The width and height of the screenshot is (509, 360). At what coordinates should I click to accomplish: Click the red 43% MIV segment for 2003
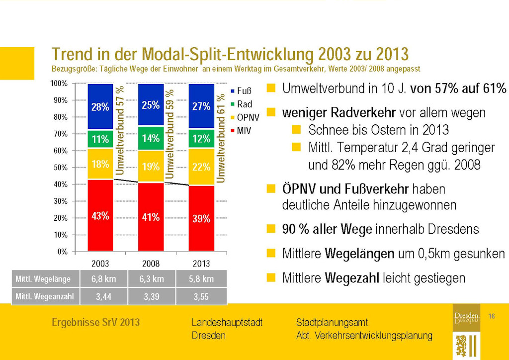(100, 215)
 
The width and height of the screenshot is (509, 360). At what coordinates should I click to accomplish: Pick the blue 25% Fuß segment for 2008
(151, 105)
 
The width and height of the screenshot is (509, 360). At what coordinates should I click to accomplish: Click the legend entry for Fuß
(241, 91)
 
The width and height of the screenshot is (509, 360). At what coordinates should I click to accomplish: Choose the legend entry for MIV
(241, 130)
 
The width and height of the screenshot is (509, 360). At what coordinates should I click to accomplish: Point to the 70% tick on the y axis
(61, 134)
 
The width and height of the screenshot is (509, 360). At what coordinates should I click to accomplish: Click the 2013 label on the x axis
(201, 263)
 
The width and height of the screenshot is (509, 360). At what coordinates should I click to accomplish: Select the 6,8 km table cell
(103, 279)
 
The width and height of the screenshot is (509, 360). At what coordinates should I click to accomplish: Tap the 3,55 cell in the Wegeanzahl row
(201, 297)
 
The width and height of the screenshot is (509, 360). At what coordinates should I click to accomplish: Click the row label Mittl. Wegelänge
(42, 279)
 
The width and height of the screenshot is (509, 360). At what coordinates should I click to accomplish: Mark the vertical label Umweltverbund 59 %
(170, 134)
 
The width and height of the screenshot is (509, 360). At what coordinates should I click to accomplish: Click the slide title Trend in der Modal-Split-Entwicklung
(230, 54)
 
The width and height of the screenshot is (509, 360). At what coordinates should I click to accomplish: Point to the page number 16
(491, 316)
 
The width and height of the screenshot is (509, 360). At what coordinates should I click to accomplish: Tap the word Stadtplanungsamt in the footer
(332, 323)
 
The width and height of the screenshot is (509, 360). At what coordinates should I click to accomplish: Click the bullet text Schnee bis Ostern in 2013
(378, 130)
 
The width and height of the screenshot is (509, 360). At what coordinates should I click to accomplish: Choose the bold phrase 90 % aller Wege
(327, 229)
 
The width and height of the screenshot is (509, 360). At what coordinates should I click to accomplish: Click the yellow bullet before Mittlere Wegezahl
(271, 277)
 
